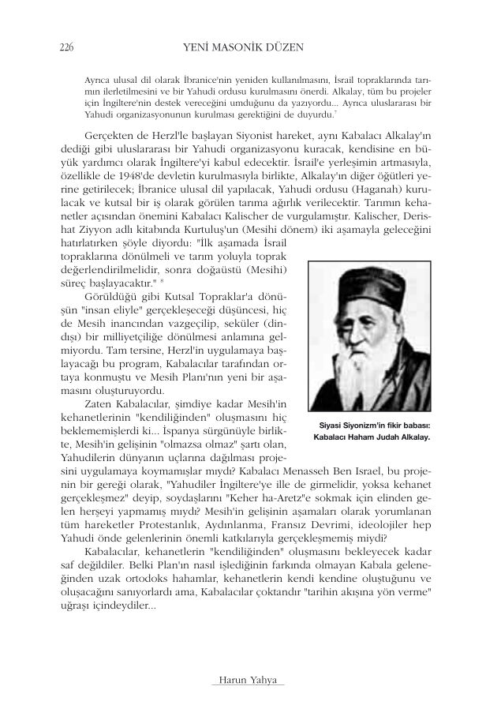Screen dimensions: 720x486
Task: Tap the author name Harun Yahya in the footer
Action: point(241,681)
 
